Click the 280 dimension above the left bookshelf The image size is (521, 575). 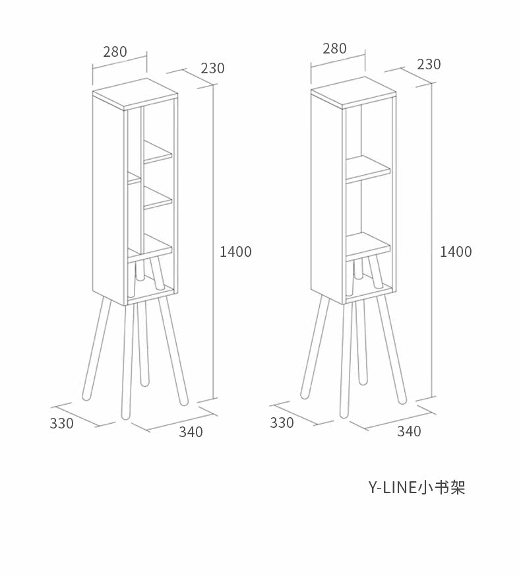[x=115, y=51]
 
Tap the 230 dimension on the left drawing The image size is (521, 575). [x=212, y=68]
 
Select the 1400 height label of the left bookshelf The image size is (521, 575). [x=235, y=252]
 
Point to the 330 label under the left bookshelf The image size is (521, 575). [x=61, y=423]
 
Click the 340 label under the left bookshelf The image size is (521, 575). [x=191, y=432]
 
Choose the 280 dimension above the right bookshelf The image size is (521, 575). [x=334, y=48]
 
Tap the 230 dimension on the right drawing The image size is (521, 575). [x=429, y=65]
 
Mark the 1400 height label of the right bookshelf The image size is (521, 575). [x=456, y=252]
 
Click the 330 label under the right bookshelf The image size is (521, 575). [x=282, y=423]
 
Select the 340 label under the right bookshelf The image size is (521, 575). [x=410, y=431]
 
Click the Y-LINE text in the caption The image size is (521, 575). [x=392, y=488]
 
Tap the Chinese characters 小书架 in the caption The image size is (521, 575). [x=441, y=488]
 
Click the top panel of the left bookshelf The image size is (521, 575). [x=135, y=93]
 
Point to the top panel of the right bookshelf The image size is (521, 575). [x=353, y=92]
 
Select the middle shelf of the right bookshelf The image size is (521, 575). [x=368, y=169]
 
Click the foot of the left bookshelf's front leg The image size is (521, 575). [x=126, y=415]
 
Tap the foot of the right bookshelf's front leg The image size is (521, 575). [x=344, y=413]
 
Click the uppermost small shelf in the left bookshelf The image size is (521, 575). [x=157, y=151]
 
